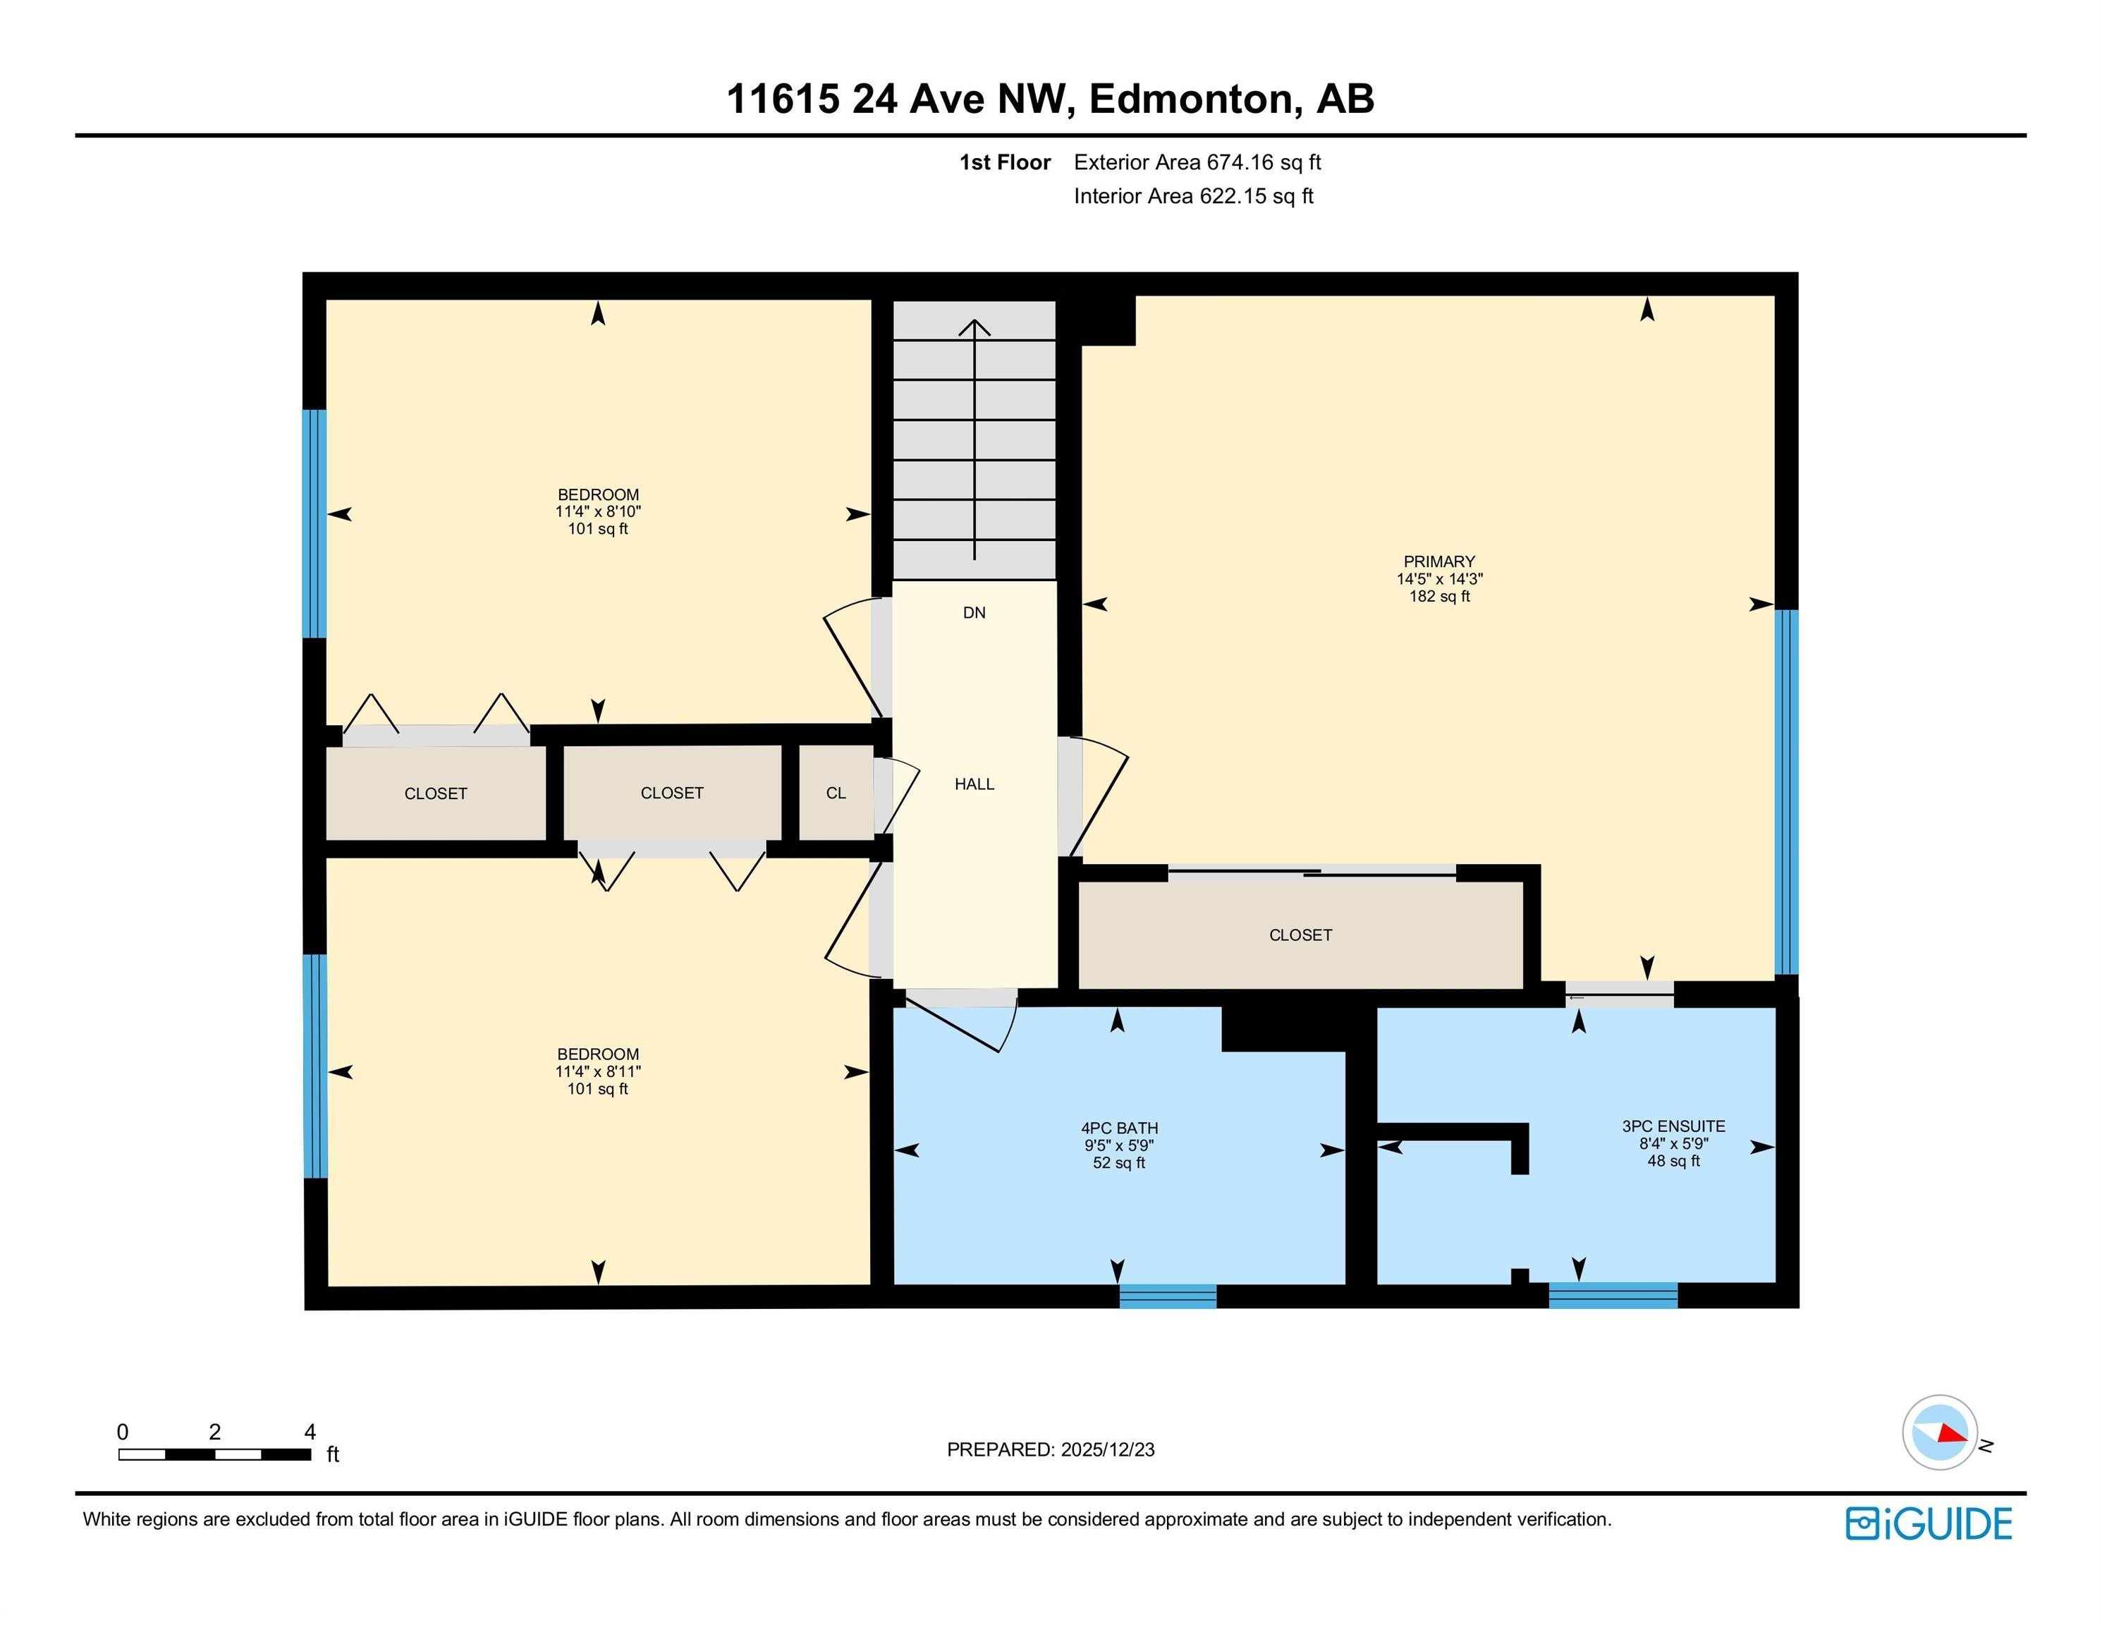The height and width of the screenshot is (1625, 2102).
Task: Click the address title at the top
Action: tap(1050, 98)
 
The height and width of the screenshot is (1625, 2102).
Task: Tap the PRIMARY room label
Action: tap(1439, 561)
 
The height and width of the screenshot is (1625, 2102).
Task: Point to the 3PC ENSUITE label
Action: tap(1673, 1126)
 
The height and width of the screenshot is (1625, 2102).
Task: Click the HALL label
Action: tap(974, 784)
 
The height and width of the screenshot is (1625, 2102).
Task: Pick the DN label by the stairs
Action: tap(974, 613)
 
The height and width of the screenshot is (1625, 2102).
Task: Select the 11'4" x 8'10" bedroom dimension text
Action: tap(598, 512)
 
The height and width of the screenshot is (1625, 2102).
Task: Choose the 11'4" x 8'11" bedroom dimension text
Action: tap(598, 1071)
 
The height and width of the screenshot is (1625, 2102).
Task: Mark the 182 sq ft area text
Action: tap(1439, 597)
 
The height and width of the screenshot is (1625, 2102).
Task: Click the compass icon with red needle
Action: tap(1939, 1432)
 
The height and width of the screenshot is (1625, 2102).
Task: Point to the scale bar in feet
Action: tap(214, 1454)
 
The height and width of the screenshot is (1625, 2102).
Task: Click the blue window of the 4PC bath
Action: tap(1168, 1296)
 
